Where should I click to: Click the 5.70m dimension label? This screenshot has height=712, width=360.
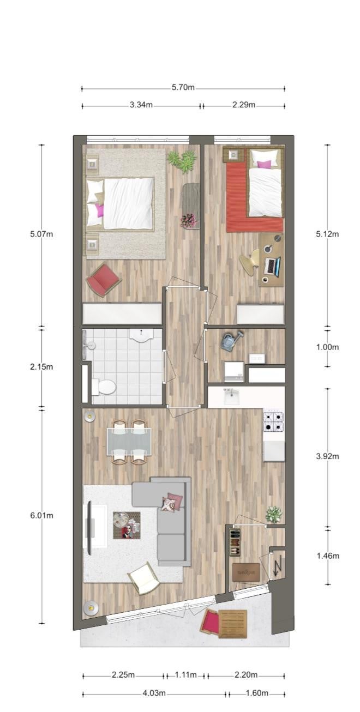(183, 87)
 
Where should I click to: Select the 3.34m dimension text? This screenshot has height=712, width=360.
(141, 105)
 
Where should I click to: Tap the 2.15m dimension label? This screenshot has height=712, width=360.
(41, 367)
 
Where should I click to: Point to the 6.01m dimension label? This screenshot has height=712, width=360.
(41, 515)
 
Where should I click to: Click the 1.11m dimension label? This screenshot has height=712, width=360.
(185, 674)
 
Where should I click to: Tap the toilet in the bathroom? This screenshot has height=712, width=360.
(103, 387)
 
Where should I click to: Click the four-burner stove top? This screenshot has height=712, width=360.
(273, 421)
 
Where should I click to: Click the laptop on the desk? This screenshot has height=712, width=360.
(273, 266)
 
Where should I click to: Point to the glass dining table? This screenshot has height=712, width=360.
(129, 442)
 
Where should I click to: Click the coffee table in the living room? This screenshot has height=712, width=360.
(127, 525)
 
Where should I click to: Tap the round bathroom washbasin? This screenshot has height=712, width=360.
(141, 335)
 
